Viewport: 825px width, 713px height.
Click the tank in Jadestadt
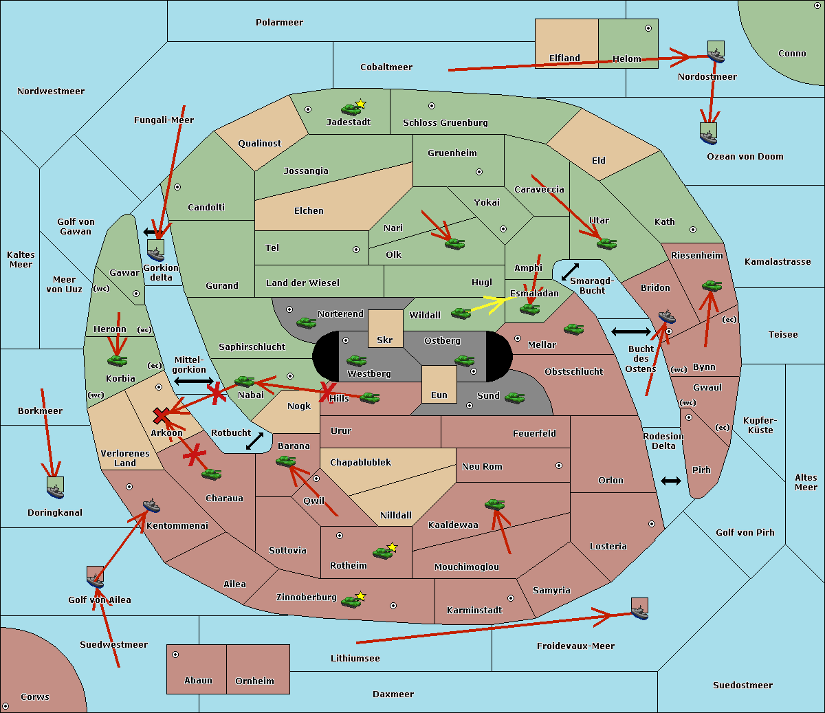coord(351,109)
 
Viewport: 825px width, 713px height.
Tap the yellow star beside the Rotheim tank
coord(393,547)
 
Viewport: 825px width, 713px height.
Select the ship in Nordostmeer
coord(716,52)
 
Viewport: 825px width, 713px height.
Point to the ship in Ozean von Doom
coord(708,133)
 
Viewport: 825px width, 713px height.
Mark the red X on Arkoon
coord(162,415)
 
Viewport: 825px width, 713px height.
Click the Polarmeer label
coord(279,23)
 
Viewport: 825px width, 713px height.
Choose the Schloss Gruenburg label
coord(445,123)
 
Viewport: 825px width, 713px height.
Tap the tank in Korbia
coord(118,360)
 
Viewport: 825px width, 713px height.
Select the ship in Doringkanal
coord(55,487)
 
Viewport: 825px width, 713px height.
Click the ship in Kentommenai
coord(151,506)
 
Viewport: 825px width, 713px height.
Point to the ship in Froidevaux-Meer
coord(639,608)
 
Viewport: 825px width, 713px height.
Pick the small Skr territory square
coord(385,328)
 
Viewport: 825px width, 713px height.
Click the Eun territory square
coord(439,384)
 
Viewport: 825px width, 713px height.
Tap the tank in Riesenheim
coord(712,285)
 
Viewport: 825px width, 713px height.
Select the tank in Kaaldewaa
coord(494,504)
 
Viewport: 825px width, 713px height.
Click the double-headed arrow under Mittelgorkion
coord(194,381)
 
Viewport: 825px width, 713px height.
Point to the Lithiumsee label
coord(355,659)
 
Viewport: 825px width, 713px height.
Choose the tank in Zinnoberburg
coord(351,602)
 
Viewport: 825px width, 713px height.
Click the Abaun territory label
coord(198,681)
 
